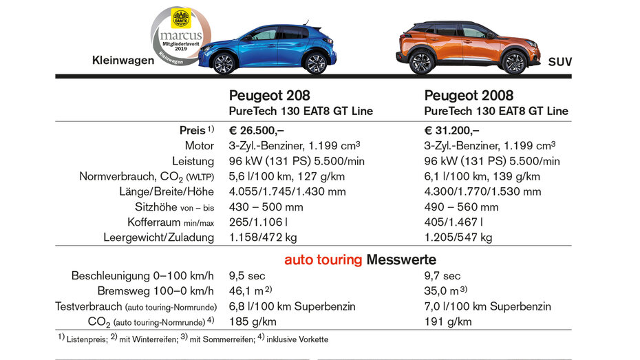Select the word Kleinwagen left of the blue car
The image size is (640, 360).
click(x=123, y=61)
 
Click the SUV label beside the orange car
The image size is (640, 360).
click(x=560, y=62)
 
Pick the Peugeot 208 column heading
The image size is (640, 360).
click(x=268, y=96)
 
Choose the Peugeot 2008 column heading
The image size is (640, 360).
click(x=469, y=96)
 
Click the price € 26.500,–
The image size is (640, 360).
click(x=256, y=130)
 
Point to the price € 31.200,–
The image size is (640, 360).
click(x=451, y=130)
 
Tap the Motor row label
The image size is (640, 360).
click(x=200, y=146)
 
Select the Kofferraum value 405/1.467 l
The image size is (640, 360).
click(x=454, y=222)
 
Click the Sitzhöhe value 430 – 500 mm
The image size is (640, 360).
click(x=266, y=207)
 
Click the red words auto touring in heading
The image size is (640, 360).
click(x=323, y=260)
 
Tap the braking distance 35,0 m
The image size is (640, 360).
click(x=443, y=291)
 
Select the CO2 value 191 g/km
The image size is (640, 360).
click(x=448, y=321)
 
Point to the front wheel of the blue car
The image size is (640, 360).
click(x=224, y=64)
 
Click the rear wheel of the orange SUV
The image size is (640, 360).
click(x=514, y=63)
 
